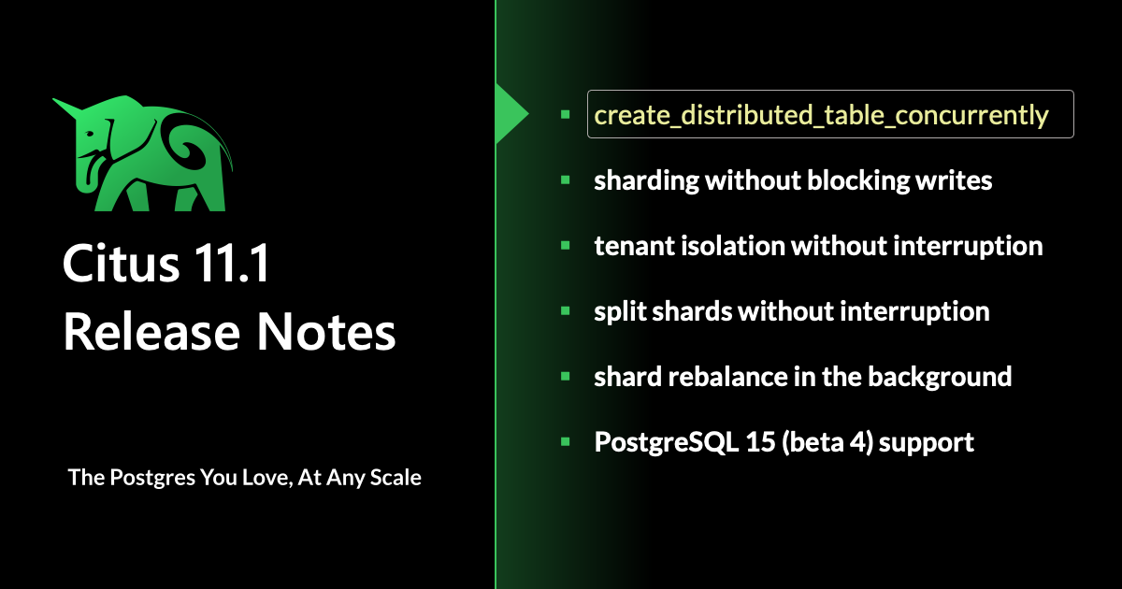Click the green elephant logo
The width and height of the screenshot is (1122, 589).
click(143, 153)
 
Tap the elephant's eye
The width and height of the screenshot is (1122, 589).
click(90, 134)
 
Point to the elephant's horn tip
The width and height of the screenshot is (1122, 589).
click(54, 100)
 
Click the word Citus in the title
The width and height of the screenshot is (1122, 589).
click(121, 263)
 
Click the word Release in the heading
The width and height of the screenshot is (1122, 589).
click(151, 332)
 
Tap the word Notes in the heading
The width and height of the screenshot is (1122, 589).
click(326, 332)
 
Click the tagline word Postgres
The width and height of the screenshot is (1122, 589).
click(152, 479)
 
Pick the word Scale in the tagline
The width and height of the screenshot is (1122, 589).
click(396, 478)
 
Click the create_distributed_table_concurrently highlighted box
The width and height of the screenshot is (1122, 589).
click(830, 114)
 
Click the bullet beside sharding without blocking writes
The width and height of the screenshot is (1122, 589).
click(566, 180)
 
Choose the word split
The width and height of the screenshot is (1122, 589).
click(620, 312)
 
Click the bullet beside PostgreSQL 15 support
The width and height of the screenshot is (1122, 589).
click(566, 441)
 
